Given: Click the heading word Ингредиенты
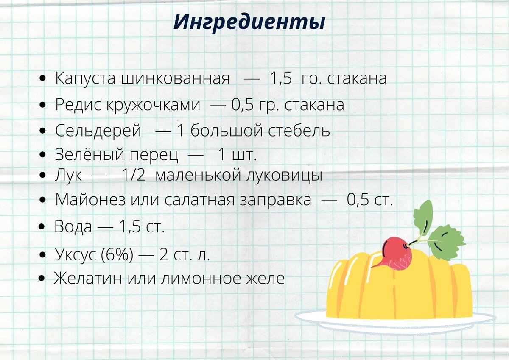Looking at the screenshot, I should [x=249, y=22].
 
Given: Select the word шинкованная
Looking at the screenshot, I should [x=176, y=79].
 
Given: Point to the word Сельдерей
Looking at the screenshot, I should [x=98, y=131].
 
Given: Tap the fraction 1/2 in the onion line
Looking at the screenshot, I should [x=133, y=175].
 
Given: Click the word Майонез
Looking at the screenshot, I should [x=90, y=200].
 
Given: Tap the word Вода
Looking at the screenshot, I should [x=73, y=227].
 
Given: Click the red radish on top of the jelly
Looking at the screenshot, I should [x=396, y=254].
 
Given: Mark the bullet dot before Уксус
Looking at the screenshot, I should [x=42, y=255].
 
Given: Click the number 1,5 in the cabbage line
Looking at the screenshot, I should [x=280, y=79].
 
